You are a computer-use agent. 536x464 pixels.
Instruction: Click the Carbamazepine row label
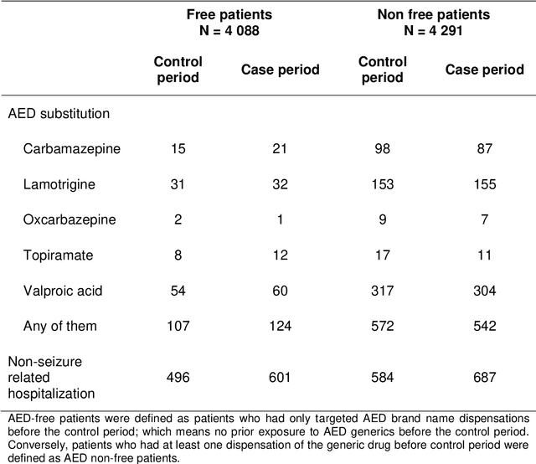[x=73, y=148]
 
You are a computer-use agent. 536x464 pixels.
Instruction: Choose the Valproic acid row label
[x=67, y=290]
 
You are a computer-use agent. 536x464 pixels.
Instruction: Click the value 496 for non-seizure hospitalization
[x=177, y=377]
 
